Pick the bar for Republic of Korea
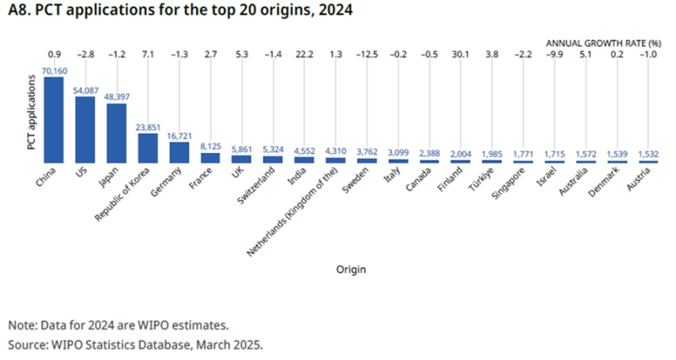147,148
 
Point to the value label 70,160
54,71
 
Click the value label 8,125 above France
210,146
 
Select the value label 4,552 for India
303,150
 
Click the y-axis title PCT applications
30,119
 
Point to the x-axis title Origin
349,270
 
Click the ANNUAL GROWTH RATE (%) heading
601,42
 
